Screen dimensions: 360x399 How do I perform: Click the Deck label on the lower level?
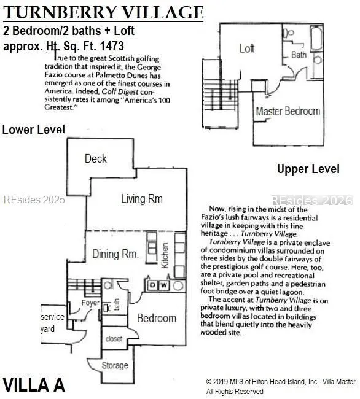[95, 159]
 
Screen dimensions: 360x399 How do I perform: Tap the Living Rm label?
[141, 199]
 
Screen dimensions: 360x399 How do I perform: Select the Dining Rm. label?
[115, 254]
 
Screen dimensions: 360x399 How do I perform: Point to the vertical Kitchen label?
[165, 255]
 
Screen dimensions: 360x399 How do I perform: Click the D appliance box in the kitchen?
[152, 285]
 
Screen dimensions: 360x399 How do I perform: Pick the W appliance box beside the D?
[164, 285]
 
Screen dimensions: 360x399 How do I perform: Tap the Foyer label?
[90, 303]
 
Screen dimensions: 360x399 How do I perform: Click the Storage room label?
[115, 365]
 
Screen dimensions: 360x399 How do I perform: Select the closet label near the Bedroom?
[114, 339]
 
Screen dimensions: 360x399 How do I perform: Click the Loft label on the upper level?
[247, 48]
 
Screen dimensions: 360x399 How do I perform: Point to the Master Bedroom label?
[288, 111]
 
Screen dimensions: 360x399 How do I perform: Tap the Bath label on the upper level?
[299, 55]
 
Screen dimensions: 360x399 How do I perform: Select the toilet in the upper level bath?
[289, 33]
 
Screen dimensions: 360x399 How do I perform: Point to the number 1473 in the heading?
[112, 46]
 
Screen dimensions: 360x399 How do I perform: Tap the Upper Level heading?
[308, 169]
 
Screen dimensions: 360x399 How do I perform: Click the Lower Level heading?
[34, 130]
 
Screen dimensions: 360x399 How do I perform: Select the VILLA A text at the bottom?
[34, 385]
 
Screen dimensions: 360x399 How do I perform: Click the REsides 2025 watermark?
[34, 199]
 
